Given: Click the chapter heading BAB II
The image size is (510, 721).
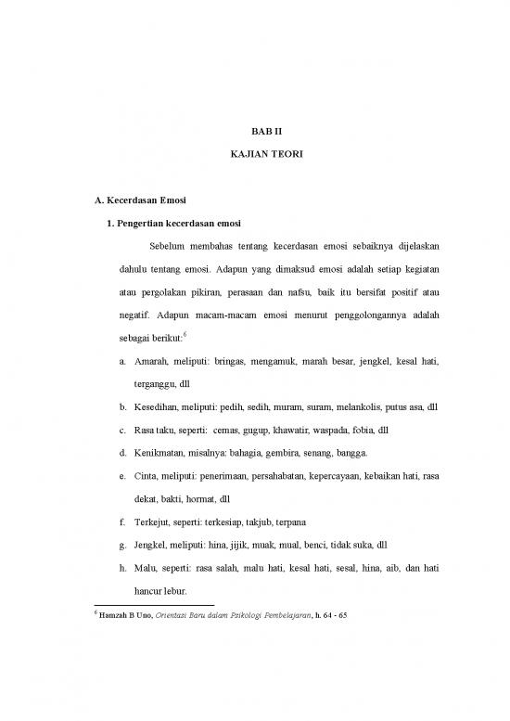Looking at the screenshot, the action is tap(265, 132).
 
